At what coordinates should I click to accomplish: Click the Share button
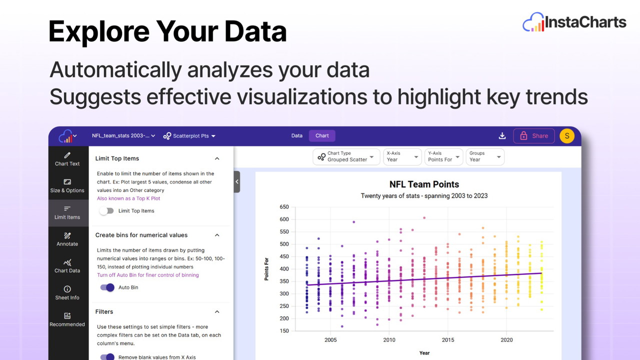(x=534, y=135)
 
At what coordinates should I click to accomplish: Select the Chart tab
(x=322, y=135)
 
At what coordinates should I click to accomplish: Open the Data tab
(x=297, y=135)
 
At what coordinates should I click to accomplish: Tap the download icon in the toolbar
(x=502, y=135)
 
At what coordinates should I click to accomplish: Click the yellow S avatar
(x=567, y=136)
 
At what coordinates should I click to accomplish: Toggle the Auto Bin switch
(x=107, y=287)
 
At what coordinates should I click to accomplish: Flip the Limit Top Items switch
(x=106, y=211)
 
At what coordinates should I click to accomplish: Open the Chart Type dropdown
(x=346, y=156)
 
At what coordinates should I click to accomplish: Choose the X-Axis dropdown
(x=402, y=156)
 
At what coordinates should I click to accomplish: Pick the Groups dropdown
(x=485, y=156)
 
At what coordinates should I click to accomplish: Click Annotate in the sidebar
(x=67, y=239)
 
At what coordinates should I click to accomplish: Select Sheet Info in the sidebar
(x=67, y=293)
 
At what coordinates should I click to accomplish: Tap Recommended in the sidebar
(x=67, y=320)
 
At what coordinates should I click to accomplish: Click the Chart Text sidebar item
(x=67, y=159)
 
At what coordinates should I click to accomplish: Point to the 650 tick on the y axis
(x=284, y=207)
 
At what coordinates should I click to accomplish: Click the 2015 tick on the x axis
(x=448, y=340)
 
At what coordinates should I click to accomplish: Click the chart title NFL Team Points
(x=424, y=184)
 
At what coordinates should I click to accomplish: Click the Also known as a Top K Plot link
(x=128, y=198)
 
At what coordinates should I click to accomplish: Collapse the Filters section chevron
(x=217, y=311)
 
